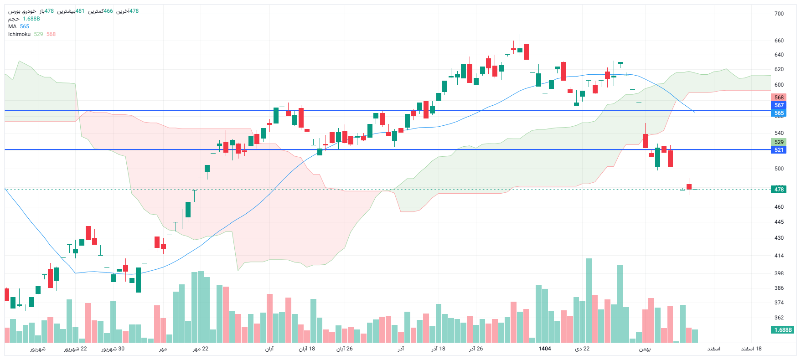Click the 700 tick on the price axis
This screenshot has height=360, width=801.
(779, 14)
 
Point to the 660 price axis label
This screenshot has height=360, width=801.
(779, 41)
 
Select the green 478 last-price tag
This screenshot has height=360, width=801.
(779, 190)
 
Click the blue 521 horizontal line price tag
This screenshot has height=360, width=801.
(779, 150)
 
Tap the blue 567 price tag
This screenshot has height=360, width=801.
(779, 105)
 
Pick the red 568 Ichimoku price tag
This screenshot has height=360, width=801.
(779, 98)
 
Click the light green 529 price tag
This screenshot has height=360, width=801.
(779, 142)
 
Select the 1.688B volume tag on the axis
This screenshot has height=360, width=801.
(783, 330)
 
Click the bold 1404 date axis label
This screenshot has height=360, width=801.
(545, 349)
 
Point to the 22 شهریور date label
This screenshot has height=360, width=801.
(75, 349)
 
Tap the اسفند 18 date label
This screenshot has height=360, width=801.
(751, 349)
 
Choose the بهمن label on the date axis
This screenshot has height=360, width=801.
(645, 349)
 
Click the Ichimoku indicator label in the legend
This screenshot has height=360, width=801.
(20, 34)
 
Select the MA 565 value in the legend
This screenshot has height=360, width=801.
(25, 26)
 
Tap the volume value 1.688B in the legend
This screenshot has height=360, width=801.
(31, 19)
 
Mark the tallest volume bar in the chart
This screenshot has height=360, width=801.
(589, 301)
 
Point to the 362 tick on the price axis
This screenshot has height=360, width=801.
(779, 318)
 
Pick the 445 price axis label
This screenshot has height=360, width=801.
(779, 222)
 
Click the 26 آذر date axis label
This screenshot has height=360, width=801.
(476, 349)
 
